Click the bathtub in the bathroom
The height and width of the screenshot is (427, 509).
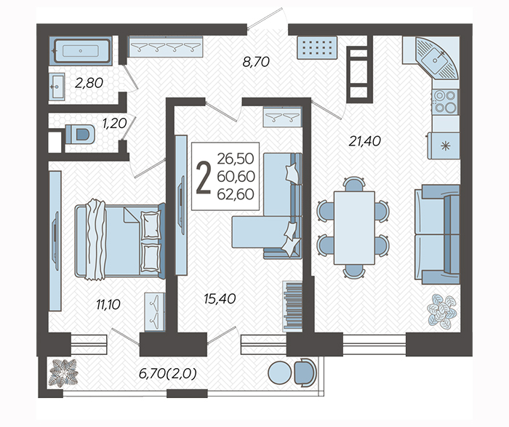pyautogui.click(x=81, y=51)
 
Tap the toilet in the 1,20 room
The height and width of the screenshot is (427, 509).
pyautogui.click(x=80, y=135)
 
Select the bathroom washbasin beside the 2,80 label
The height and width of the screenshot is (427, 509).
pyautogui.click(x=57, y=86)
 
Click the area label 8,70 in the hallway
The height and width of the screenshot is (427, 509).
pyautogui.click(x=256, y=62)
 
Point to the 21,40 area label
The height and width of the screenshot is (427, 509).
pyautogui.click(x=364, y=141)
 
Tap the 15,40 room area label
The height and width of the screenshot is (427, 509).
pyautogui.click(x=220, y=299)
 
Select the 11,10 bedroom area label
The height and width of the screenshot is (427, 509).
pyautogui.click(x=108, y=305)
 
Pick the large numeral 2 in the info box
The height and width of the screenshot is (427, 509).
pyautogui.click(x=204, y=177)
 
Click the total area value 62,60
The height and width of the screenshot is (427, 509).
pyautogui.click(x=236, y=194)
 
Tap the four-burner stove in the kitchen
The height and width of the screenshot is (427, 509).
pyautogui.click(x=445, y=101)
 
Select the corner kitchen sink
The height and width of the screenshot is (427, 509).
pyautogui.click(x=436, y=59)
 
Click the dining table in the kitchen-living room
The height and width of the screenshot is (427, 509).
pyautogui.click(x=354, y=228)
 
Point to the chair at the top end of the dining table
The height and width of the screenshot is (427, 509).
pyautogui.click(x=354, y=184)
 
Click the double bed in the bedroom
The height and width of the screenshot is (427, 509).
pyautogui.click(x=120, y=241)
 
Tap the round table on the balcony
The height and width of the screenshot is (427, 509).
pyautogui.click(x=280, y=373)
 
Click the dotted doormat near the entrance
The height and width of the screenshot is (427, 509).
pyautogui.click(x=318, y=47)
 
